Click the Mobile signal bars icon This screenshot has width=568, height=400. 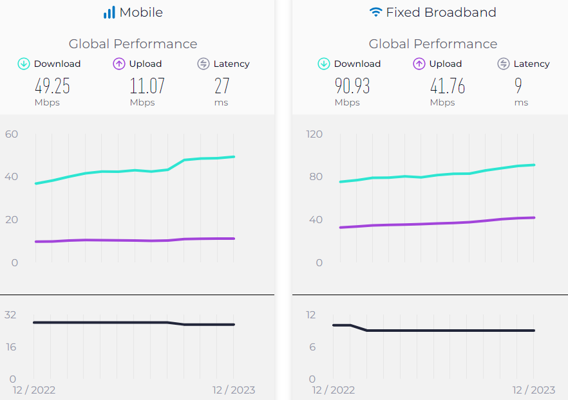click(x=109, y=12)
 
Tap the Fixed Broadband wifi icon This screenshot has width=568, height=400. click(x=375, y=12)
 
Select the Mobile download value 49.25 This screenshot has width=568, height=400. click(x=52, y=86)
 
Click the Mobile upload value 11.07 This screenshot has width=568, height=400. click(x=147, y=86)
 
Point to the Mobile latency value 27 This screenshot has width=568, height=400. click(x=222, y=86)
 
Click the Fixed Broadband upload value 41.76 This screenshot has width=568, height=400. click(x=448, y=86)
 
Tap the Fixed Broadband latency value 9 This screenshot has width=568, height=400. click(x=518, y=86)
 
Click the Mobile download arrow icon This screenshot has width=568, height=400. click(x=24, y=64)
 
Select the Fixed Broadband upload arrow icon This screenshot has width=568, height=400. click(x=419, y=64)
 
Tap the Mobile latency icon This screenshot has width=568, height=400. click(x=204, y=64)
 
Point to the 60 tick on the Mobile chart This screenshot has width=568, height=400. click(x=12, y=134)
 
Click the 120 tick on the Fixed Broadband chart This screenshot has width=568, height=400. click(x=314, y=134)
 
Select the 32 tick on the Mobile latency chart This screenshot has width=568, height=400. click(x=10, y=314)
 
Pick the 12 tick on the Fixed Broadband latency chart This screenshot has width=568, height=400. click(x=311, y=314)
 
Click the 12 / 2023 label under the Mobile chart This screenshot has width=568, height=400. click(x=233, y=390)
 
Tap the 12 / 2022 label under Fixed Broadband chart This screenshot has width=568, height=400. click(x=334, y=390)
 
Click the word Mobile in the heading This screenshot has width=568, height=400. click(x=141, y=12)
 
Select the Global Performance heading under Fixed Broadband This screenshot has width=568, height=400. click(x=433, y=44)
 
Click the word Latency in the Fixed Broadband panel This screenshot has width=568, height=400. click(x=531, y=64)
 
